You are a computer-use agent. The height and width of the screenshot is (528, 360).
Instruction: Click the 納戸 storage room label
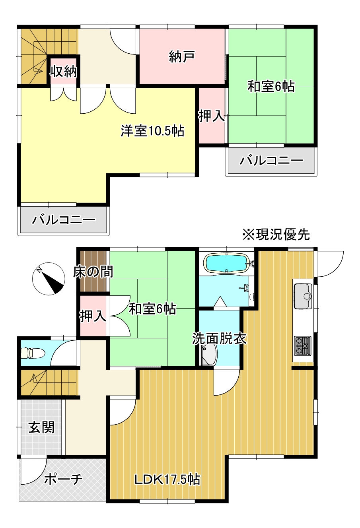point(181,56)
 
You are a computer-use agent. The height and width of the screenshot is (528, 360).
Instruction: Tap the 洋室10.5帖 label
point(152,131)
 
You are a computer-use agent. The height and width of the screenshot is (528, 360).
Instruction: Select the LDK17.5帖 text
point(167,479)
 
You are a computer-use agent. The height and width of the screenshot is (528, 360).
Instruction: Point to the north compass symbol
point(48,279)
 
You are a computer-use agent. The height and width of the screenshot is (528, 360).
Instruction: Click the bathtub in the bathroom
point(226,263)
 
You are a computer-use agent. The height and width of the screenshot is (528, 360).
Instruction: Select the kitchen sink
point(303,296)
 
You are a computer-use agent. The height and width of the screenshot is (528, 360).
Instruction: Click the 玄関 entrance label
point(41,427)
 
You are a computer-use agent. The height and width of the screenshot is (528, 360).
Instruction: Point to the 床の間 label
point(93,272)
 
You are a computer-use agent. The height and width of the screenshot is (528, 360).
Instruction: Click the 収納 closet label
point(63,72)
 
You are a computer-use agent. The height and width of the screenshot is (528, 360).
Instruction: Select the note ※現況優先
point(276,234)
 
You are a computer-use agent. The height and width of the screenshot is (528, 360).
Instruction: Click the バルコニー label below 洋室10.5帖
point(64,219)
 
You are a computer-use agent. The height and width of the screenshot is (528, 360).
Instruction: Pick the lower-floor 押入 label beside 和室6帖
point(93,316)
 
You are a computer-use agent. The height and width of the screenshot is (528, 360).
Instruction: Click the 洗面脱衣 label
point(219,338)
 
